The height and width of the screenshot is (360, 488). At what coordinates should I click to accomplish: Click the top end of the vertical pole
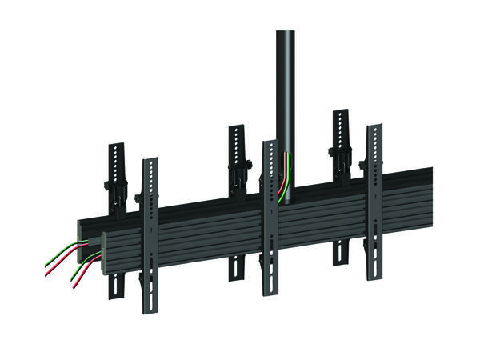pos(286,33)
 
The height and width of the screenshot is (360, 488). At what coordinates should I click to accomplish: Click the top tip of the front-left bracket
pos(150,160)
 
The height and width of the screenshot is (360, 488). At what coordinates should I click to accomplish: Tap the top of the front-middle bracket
pos(270,143)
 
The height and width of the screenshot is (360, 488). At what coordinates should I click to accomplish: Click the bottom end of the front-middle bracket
pos(270,293)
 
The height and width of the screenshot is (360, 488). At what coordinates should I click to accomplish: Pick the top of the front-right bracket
pos(374,126)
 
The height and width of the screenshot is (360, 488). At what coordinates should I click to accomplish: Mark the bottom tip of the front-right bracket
pos(374,278)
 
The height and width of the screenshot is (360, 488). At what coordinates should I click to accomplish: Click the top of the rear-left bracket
pos(117,146)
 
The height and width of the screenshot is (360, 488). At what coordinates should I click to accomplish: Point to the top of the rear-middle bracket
pos(236,127)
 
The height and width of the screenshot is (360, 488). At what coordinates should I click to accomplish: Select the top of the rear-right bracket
pos(342,112)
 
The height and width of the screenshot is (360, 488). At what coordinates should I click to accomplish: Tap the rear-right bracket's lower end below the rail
pos(341,261)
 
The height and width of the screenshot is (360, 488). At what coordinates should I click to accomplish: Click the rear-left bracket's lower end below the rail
pos(117,293)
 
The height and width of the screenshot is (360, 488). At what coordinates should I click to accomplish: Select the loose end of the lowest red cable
pos(75,289)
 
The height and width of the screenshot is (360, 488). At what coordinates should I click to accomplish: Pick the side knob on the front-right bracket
pos(363,166)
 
